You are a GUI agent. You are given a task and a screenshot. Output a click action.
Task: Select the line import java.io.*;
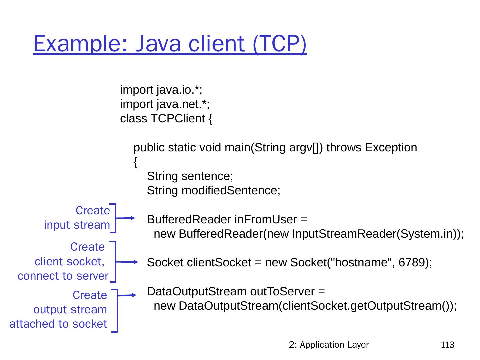pyautogui.click(x=161, y=90)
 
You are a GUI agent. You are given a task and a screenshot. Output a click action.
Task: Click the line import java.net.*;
pyautogui.click(x=165, y=104)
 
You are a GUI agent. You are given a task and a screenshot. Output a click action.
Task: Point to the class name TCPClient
pyautogui.click(x=177, y=119)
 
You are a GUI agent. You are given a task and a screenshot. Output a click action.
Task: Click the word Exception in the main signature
pyautogui.click(x=391, y=148)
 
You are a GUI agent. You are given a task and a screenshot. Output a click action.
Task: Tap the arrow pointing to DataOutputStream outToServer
pyautogui.click(x=127, y=295)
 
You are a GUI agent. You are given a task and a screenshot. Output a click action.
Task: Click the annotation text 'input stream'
pyautogui.click(x=77, y=225)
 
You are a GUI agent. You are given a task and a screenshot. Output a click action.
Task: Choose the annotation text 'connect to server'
pyautogui.click(x=63, y=276)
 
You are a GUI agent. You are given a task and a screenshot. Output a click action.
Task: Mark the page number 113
pyautogui.click(x=448, y=345)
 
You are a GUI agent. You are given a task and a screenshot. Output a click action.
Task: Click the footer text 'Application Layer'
pyautogui.click(x=334, y=345)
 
